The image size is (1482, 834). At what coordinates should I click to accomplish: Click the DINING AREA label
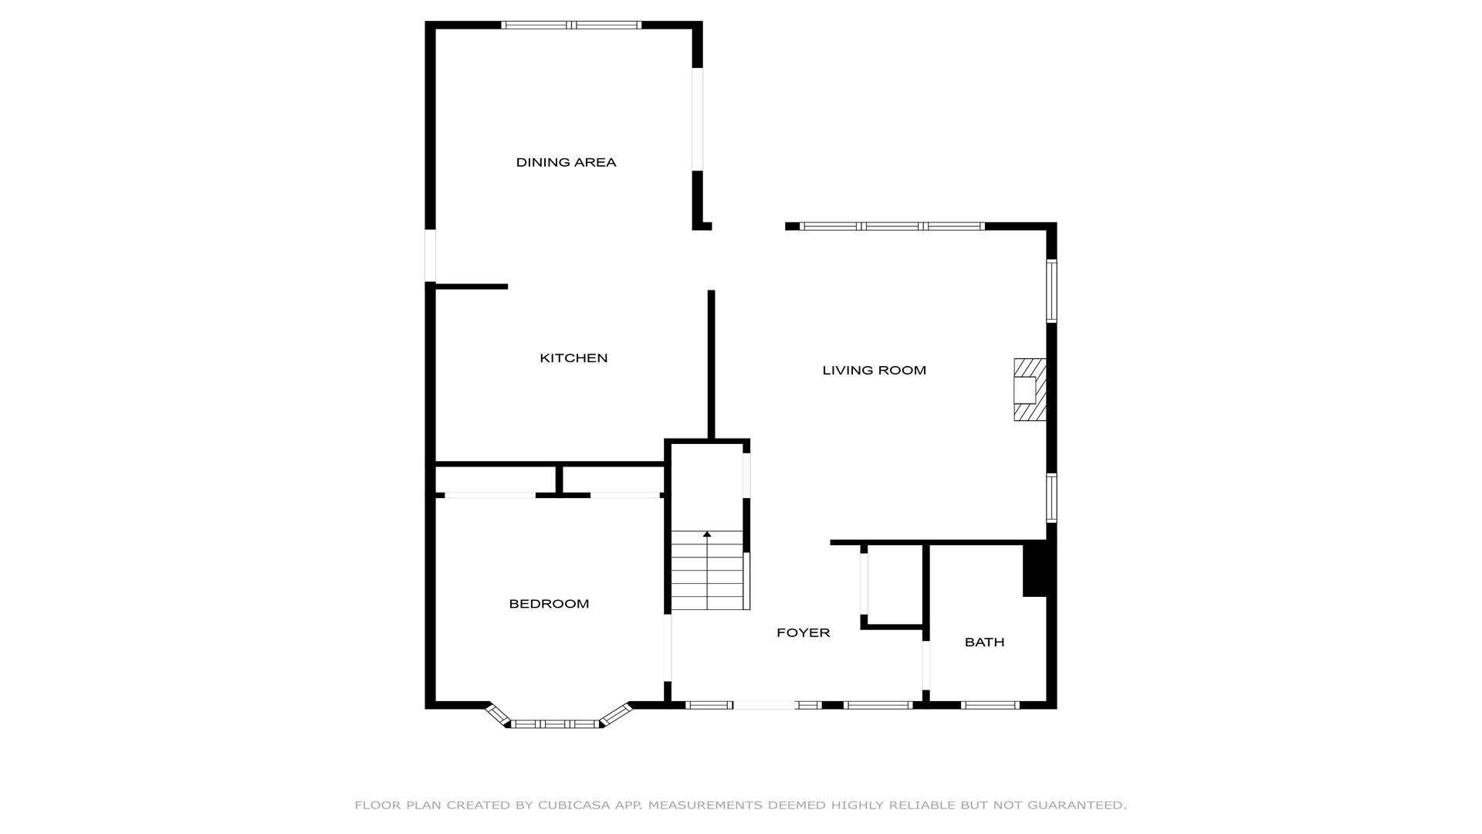pos(566,162)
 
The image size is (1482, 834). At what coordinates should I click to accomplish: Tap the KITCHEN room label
pos(574,358)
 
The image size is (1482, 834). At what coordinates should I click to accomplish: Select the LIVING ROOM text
pos(874,371)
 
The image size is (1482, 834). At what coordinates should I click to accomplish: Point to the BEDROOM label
pos(549,604)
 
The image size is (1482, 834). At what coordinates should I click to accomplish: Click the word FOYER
pos(803,633)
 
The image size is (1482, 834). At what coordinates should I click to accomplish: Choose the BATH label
pos(984,642)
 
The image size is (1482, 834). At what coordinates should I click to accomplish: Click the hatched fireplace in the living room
pos(1030,390)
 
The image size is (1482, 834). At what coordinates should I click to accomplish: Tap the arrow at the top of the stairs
pos(707,534)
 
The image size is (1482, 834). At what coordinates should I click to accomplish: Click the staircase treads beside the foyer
pos(708,571)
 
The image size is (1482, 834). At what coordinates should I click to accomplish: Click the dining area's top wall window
pos(571,25)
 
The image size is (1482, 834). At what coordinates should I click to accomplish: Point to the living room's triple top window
pos(892,226)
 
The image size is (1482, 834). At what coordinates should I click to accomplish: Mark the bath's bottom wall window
pos(990,705)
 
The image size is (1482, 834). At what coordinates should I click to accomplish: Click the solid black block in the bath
pos(1034,570)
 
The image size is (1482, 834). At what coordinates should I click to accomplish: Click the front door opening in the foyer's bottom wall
pos(764,705)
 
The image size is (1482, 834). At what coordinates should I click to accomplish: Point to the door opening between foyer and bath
pos(926,666)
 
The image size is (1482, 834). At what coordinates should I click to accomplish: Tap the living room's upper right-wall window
pos(1051,290)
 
